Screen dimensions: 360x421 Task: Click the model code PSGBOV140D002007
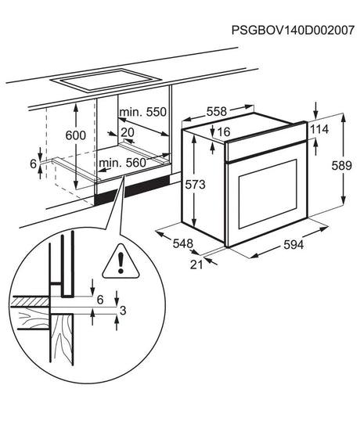pyautogui.click(x=293, y=30)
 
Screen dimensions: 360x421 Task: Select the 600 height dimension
pyautogui.click(x=76, y=135)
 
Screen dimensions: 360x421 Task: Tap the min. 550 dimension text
pyautogui.click(x=143, y=112)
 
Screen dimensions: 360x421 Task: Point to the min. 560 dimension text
pyautogui.click(x=122, y=163)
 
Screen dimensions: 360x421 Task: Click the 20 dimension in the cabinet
pyautogui.click(x=128, y=132)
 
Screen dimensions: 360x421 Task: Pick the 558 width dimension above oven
pyautogui.click(x=217, y=111)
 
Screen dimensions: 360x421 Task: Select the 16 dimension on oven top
pyautogui.click(x=224, y=131)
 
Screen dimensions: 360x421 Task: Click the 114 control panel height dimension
pyautogui.click(x=319, y=129)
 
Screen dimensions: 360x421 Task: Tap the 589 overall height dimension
pyautogui.click(x=341, y=165)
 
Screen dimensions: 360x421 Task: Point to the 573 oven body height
pyautogui.click(x=195, y=185)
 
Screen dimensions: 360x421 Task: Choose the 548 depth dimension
pyautogui.click(x=183, y=243)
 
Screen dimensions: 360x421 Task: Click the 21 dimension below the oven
pyautogui.click(x=196, y=264)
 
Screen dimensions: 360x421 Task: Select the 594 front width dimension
pyautogui.click(x=293, y=245)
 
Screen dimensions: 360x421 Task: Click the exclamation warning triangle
pyautogui.click(x=121, y=261)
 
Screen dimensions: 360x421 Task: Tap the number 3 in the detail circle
pyautogui.click(x=123, y=311)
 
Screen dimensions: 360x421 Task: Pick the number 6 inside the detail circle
pyautogui.click(x=100, y=300)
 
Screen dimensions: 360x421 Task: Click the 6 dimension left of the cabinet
pyautogui.click(x=33, y=164)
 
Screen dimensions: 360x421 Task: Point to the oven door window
pyautogui.click(x=268, y=194)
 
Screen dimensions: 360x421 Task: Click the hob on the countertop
pyautogui.click(x=106, y=81)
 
